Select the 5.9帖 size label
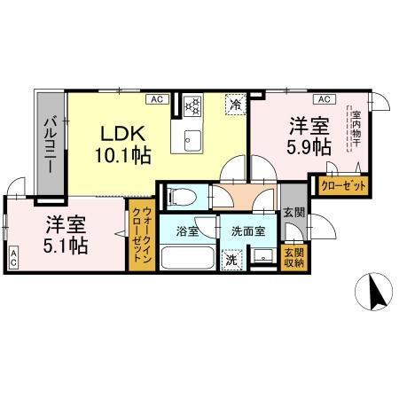(x=307, y=144)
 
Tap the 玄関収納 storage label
(x=292, y=257)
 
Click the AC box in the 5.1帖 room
(x=14, y=259)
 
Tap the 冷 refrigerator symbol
(x=235, y=104)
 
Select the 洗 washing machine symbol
(x=231, y=261)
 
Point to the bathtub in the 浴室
(x=186, y=259)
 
